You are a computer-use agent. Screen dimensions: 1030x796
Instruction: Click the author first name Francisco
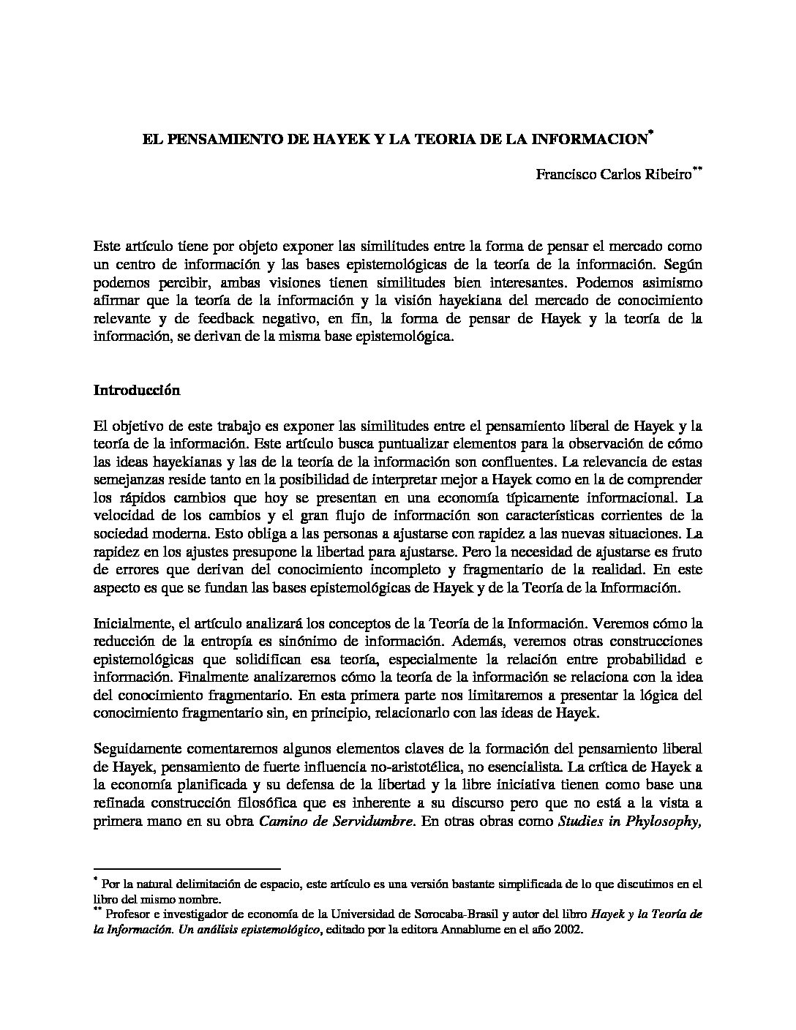(x=563, y=175)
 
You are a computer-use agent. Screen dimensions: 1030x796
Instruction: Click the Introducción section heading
(x=137, y=390)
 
